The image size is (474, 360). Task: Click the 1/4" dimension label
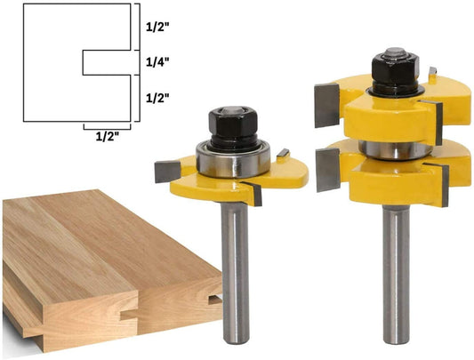click(157, 62)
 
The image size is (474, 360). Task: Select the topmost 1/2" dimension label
click(157, 28)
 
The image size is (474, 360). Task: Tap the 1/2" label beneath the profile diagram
click(107, 137)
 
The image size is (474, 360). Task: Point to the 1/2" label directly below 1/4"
click(157, 98)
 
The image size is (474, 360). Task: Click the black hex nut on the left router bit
click(233, 123)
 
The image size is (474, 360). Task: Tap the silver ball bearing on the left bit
click(233, 159)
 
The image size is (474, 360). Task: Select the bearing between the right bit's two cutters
click(396, 150)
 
